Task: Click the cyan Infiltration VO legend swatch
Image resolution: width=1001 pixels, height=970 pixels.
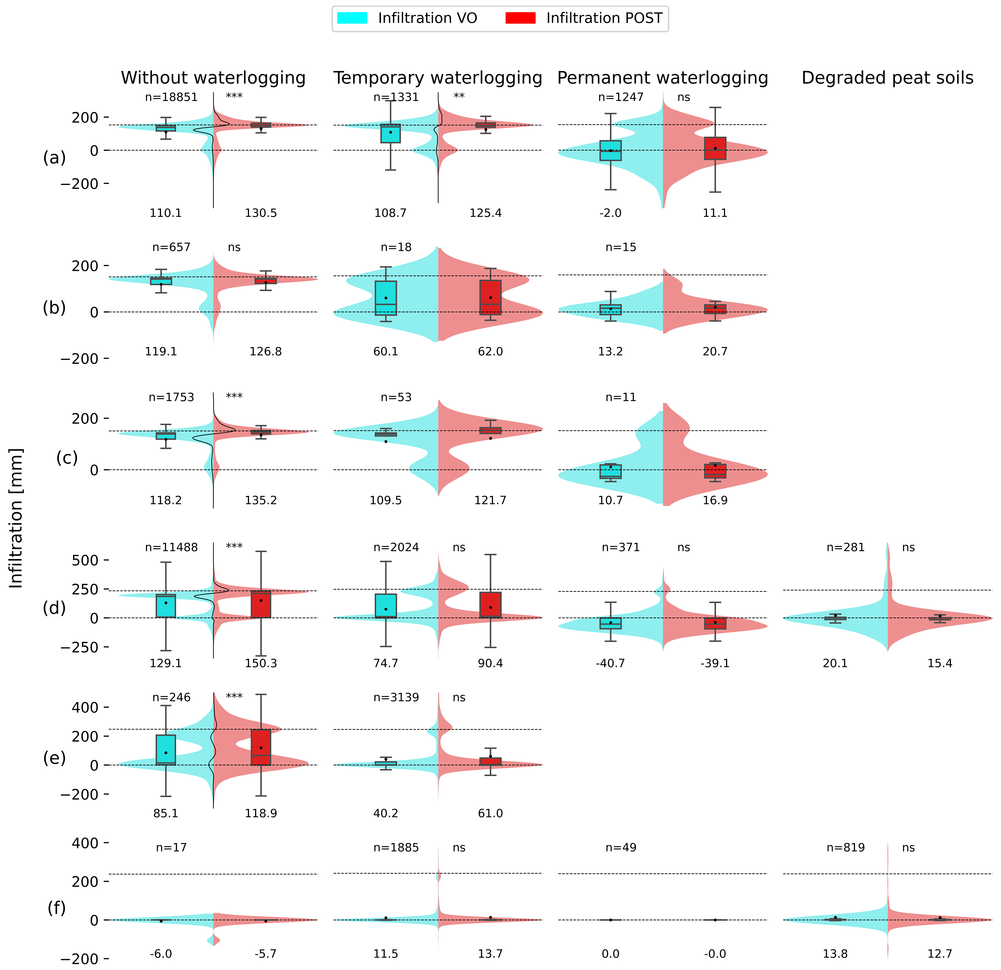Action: [x=352, y=18]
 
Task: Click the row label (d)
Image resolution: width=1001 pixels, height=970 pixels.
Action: [x=54, y=608]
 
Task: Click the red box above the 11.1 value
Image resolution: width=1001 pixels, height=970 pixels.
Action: [x=715, y=148]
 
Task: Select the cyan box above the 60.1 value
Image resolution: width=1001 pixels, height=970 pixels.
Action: [x=386, y=298]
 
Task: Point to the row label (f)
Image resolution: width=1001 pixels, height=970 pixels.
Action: [x=56, y=908]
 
